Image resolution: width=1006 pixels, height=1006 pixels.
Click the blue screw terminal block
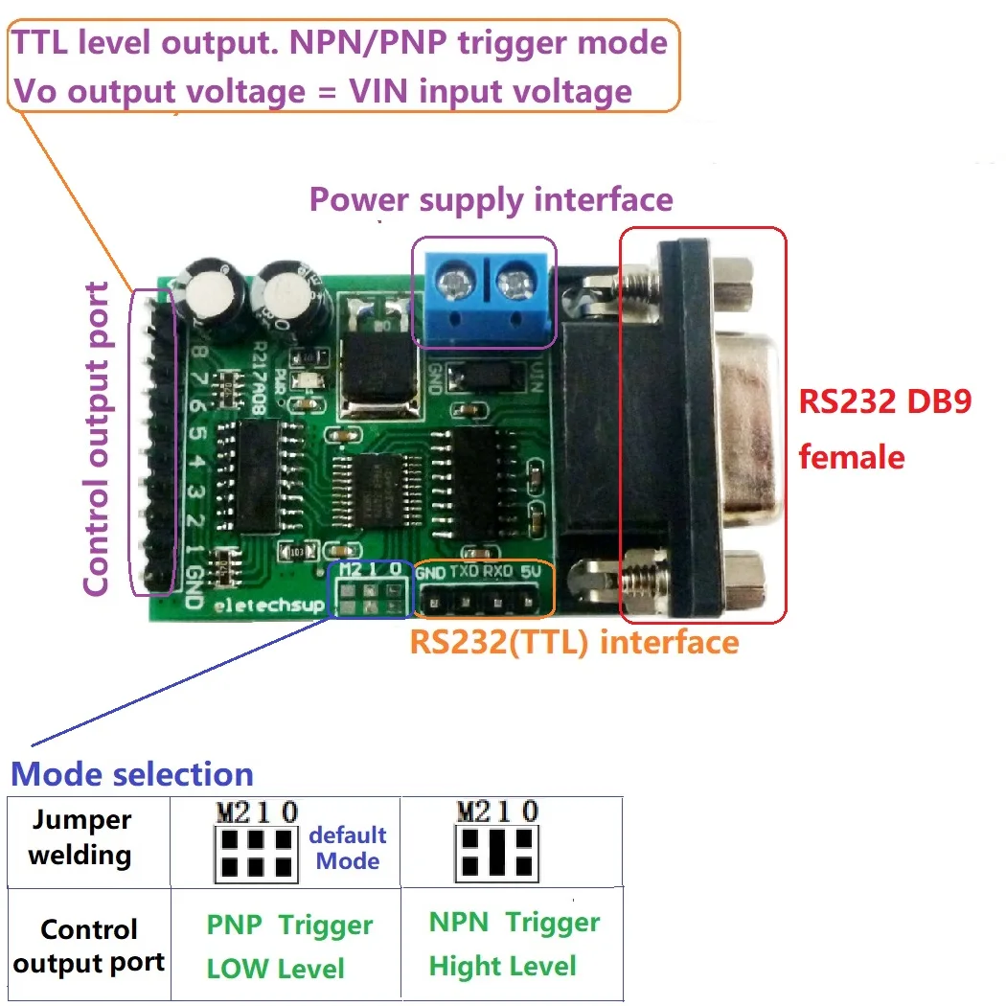click(484, 291)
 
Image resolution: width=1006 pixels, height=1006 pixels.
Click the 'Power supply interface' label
click(491, 199)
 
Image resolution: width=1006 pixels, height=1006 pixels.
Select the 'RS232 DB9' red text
click(885, 400)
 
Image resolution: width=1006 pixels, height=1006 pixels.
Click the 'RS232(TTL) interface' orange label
click(574, 641)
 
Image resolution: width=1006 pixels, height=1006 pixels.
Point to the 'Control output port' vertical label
click(97, 438)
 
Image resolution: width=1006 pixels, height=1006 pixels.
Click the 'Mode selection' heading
click(132, 774)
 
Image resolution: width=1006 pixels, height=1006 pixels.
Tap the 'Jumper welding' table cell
click(80, 838)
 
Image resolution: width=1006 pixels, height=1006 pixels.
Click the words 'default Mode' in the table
click(348, 848)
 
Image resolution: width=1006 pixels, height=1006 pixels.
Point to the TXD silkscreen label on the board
click(465, 572)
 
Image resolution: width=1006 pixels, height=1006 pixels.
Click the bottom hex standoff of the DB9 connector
click(744, 577)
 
